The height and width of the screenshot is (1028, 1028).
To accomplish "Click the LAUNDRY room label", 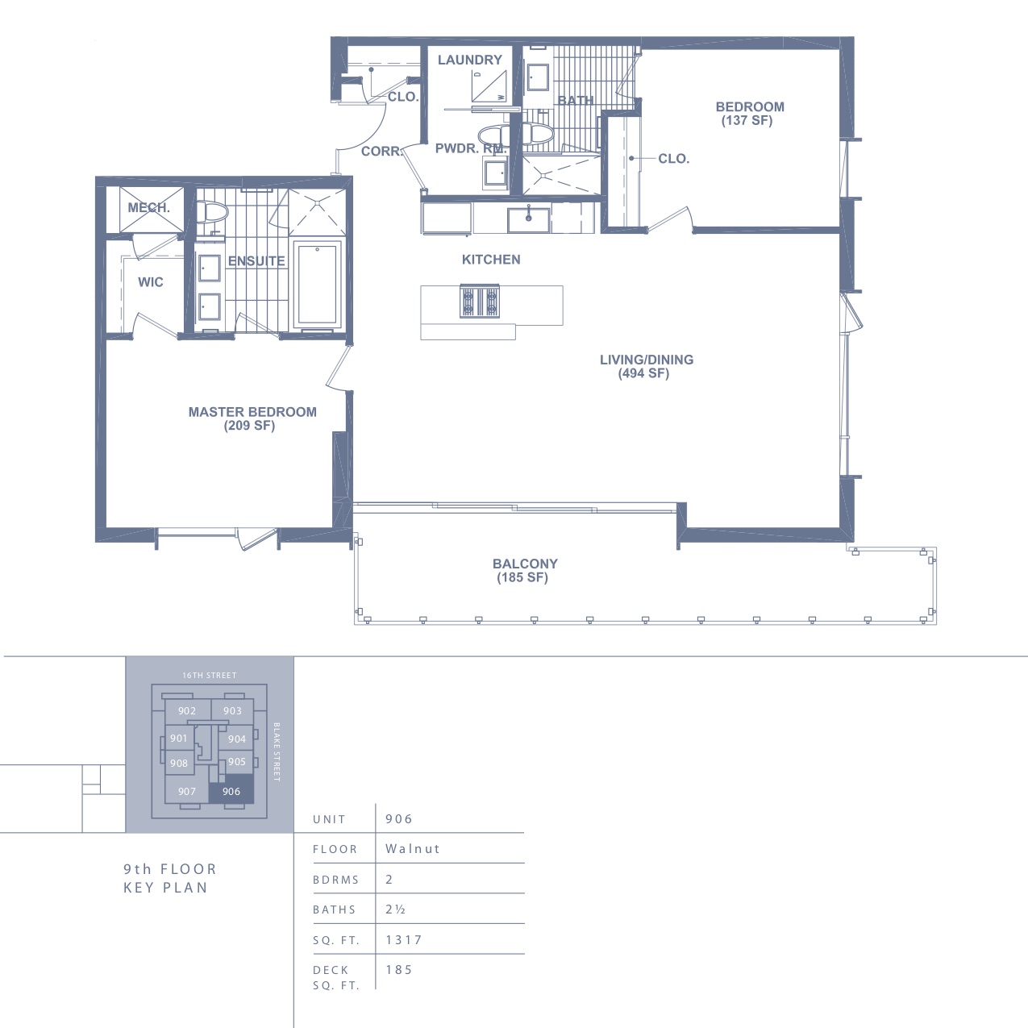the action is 470,60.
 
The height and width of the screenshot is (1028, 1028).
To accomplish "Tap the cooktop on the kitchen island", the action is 480,302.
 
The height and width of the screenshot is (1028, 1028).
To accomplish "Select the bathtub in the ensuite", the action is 318,285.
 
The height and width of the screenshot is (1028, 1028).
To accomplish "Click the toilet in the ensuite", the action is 211,212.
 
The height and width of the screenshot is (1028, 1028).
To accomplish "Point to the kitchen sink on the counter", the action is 528,220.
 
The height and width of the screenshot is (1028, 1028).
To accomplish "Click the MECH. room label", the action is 149,207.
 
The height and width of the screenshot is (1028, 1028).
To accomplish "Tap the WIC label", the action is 151,282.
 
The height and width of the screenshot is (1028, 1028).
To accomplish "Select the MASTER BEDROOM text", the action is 252,412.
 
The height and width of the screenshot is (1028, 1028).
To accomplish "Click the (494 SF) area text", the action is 643,373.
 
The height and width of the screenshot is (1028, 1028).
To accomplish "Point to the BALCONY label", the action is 525,564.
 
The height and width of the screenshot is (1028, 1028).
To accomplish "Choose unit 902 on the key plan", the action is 187,711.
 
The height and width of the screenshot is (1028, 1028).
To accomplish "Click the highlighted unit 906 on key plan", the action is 231,792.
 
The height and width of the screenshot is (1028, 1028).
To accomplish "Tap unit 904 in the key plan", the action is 236,739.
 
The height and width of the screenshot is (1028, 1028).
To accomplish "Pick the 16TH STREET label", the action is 209,676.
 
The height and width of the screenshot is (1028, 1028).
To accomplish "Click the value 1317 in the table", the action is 404,939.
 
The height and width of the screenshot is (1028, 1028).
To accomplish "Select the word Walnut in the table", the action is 413,848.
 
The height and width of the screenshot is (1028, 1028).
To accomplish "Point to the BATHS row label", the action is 334,909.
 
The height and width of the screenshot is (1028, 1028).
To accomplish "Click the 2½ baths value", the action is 395,909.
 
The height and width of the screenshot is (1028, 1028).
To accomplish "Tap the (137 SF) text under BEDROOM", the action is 747,121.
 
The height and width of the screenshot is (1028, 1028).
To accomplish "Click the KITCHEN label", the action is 491,260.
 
